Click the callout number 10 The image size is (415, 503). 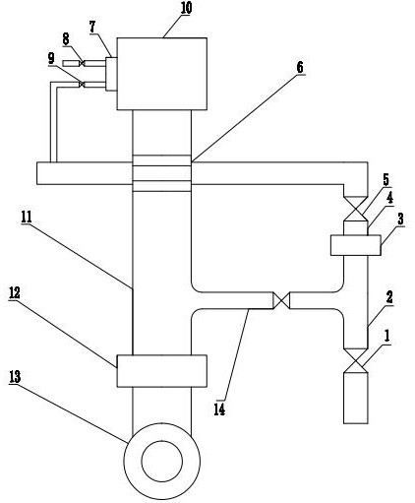point(186,8)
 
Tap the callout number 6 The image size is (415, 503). point(300,68)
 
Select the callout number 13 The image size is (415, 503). point(15,377)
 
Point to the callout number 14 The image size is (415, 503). point(219,409)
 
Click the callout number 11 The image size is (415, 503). point(27,218)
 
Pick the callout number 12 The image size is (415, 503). point(15,293)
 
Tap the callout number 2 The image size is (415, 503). point(389,297)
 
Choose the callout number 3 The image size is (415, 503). point(400,219)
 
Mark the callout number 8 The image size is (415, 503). point(66,39)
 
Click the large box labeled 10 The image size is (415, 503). point(162,74)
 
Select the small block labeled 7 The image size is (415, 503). point(111,74)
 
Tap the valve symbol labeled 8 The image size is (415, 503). point(82,63)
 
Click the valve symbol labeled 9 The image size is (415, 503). point(82,85)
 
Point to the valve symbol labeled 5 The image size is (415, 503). point(355,209)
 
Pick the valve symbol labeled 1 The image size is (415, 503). point(355,360)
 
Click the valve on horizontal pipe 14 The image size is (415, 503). point(281,300)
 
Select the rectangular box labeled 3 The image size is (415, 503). point(356,245)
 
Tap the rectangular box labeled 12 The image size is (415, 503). point(162,371)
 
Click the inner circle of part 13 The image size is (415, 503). point(162,462)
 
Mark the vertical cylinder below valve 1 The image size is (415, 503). point(355,398)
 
